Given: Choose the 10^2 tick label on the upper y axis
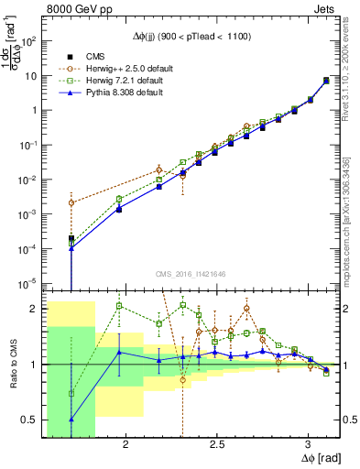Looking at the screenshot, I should [27, 41].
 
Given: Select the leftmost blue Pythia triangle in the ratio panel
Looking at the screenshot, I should [71, 420].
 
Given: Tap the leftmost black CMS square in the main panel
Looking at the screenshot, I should [71, 238].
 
